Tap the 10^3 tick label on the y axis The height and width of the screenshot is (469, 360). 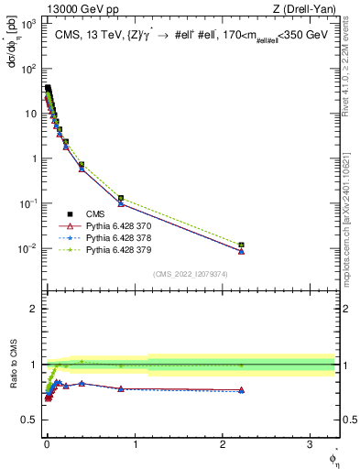27,23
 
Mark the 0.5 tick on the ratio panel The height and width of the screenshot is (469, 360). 30,420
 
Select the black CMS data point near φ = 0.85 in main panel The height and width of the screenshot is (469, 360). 121,199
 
